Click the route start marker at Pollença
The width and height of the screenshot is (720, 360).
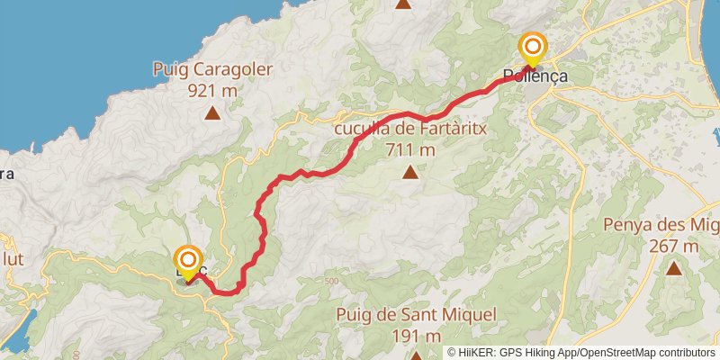tap(532, 48)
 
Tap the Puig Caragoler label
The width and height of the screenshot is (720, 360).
tap(212, 69)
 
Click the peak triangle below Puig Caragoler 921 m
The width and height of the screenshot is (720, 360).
tap(212, 112)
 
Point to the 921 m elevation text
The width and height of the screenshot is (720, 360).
tap(212, 90)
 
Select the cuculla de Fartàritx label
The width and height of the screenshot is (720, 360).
tap(409, 129)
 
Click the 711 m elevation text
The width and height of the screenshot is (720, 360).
tap(409, 149)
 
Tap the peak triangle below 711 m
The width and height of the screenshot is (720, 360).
tap(410, 172)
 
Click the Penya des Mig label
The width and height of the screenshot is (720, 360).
tap(661, 225)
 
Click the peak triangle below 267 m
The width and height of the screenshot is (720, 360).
tap(674, 267)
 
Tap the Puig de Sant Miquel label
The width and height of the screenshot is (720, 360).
tap(416, 315)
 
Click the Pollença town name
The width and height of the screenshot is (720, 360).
tap(536, 77)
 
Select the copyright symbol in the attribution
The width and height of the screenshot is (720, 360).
tap(452, 353)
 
